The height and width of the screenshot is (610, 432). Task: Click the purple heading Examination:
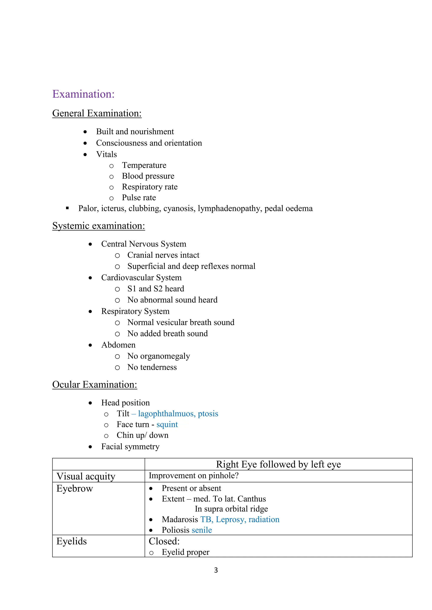click(83, 94)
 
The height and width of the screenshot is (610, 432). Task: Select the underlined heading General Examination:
click(97, 114)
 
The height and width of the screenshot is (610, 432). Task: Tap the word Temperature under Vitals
click(144, 165)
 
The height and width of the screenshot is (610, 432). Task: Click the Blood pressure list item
click(148, 176)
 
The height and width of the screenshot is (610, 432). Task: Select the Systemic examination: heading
click(99, 226)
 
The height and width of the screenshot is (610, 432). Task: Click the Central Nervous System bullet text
click(143, 244)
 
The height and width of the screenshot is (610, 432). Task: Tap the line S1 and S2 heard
click(156, 289)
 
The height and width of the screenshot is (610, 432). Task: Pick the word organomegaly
click(165, 356)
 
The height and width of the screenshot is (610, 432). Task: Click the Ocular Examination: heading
click(94, 385)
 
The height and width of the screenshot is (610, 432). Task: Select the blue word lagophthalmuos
click(166, 414)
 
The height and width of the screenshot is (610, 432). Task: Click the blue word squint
click(167, 425)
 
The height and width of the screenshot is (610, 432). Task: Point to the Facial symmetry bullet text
click(130, 447)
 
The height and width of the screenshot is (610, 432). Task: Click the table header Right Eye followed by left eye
click(278, 464)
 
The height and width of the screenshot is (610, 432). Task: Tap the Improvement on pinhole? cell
click(193, 476)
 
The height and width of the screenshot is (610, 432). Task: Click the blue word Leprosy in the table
click(230, 519)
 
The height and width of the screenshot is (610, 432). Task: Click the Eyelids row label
click(72, 541)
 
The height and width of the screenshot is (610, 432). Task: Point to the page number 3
click(216, 570)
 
